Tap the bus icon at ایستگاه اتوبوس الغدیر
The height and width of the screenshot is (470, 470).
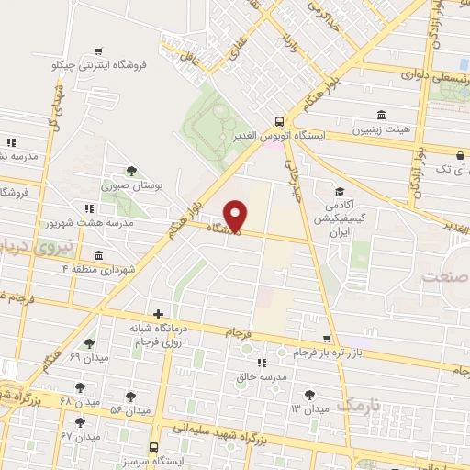[279, 120]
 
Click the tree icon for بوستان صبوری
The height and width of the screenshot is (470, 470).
[134, 170]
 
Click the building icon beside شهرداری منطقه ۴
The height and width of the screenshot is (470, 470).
[97, 255]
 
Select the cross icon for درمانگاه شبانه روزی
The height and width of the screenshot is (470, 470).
[158, 314]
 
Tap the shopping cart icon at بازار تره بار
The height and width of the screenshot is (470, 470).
[328, 339]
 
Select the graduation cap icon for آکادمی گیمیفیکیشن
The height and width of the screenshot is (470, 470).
[341, 192]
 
